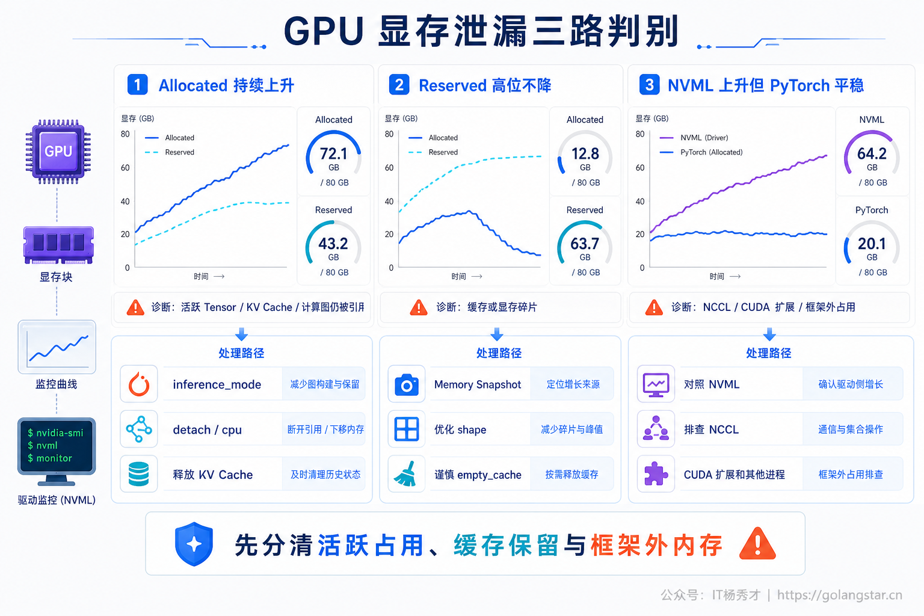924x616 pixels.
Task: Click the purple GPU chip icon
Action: [58, 152]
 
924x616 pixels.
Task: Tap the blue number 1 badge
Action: [137, 85]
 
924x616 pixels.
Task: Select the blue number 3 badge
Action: [649, 85]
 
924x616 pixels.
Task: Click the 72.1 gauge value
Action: [334, 154]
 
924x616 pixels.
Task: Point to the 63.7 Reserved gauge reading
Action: [585, 244]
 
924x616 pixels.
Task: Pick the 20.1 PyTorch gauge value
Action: [872, 244]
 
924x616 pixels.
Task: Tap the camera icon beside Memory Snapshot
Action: [406, 384]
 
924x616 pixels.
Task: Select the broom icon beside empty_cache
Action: [405, 474]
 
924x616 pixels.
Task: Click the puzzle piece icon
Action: [656, 473]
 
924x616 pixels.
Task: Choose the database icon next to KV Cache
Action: [138, 474]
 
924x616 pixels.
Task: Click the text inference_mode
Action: [217, 384]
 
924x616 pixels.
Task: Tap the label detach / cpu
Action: [207, 430]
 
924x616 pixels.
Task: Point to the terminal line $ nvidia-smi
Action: [55, 433]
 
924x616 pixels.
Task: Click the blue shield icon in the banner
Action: [194, 544]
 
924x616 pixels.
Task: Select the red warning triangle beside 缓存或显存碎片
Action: [419, 307]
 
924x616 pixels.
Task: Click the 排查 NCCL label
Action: [712, 430]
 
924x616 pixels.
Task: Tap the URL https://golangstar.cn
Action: [839, 595]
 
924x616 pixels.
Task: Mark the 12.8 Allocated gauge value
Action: [585, 154]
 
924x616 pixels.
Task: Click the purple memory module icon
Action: [58, 245]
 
